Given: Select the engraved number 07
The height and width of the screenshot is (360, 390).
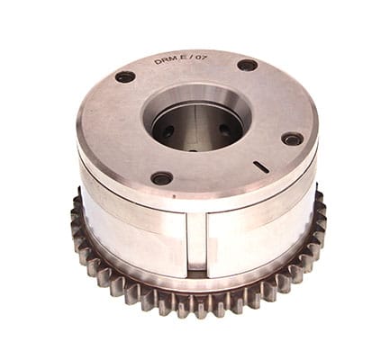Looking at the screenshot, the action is (201, 58).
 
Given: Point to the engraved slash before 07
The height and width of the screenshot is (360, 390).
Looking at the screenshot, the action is (190, 59).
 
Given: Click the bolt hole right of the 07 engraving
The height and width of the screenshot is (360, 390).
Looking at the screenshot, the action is (247, 66).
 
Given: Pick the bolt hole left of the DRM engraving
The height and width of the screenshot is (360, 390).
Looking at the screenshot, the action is (125, 76).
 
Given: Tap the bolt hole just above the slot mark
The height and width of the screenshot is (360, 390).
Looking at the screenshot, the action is (293, 139).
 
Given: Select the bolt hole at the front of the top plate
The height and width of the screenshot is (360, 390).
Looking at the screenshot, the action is (162, 178).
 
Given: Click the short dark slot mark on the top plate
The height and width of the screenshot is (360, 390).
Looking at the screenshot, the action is (261, 167).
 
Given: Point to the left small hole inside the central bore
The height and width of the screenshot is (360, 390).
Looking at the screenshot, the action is (168, 130).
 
